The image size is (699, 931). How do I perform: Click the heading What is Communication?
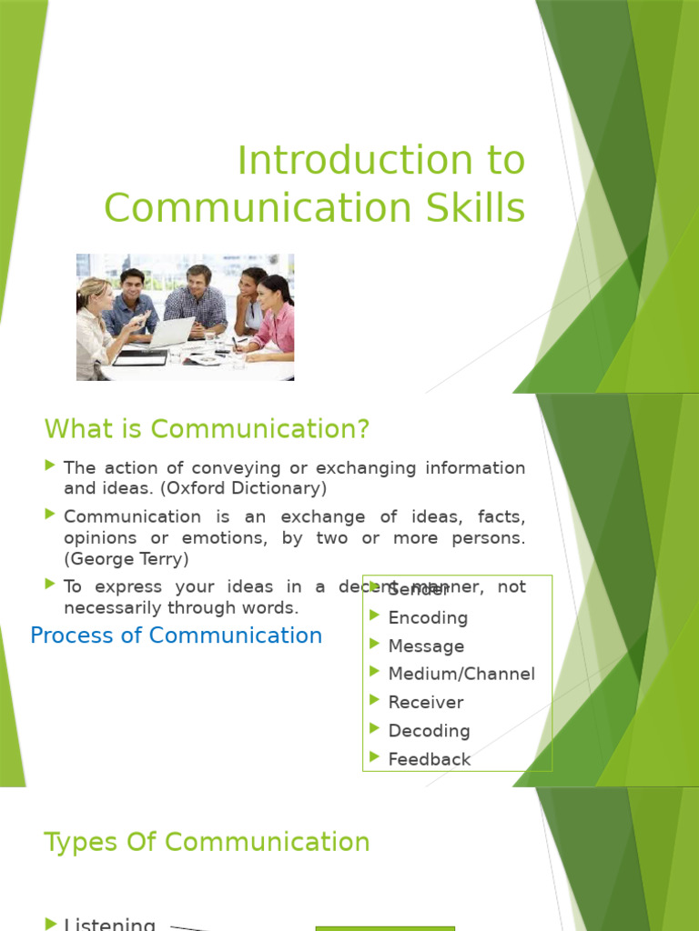pos(208,428)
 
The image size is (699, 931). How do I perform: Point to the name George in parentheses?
pos(101,559)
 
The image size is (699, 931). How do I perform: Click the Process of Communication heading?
pos(176,636)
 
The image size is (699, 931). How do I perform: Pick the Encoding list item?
pos(428,618)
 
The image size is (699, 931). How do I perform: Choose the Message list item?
pos(426,646)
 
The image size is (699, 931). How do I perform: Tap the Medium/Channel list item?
pos(461,675)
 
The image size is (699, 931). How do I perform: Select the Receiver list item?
pos(425,703)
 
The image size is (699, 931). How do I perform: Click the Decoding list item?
pos(429,731)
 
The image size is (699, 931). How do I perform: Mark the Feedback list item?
pos(429,759)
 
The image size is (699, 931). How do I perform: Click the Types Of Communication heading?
pos(207,842)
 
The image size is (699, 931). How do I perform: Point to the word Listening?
pos(109,924)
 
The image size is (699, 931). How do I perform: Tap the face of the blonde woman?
pos(101,297)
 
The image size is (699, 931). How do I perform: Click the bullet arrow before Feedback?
pos(374,756)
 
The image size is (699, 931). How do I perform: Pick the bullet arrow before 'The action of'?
pos(50,466)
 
